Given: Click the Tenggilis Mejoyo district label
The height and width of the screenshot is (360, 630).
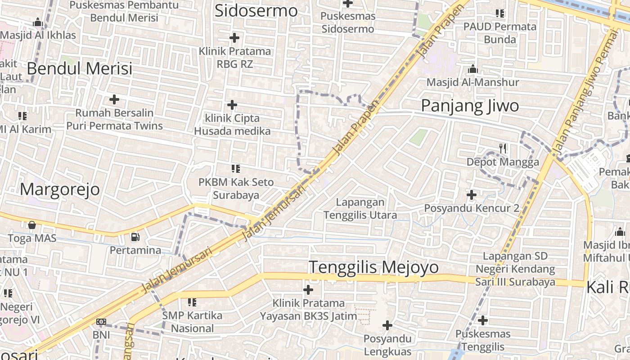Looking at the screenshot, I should (x=373, y=267).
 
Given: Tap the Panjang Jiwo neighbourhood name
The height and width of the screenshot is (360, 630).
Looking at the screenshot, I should (x=470, y=106).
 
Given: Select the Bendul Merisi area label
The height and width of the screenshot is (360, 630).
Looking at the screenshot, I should (x=80, y=68).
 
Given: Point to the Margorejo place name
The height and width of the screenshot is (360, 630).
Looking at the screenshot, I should (x=59, y=189).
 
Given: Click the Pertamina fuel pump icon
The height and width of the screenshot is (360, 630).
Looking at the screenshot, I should (x=135, y=237).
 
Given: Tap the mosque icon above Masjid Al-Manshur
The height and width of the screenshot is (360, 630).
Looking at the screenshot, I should (x=472, y=69).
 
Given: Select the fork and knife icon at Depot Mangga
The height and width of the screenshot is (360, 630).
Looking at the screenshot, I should (x=503, y=148).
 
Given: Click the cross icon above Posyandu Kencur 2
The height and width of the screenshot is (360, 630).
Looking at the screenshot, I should (x=471, y=195).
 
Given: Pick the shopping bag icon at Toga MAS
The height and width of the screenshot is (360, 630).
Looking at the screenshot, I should (x=31, y=225).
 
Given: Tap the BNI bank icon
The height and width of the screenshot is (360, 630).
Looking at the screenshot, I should (x=101, y=322).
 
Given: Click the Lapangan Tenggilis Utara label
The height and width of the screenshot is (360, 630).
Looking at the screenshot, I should (x=360, y=209).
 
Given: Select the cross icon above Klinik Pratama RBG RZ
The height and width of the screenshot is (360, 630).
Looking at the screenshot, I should (x=234, y=38).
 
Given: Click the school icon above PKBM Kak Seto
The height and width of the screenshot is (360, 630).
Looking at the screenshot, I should (x=235, y=169).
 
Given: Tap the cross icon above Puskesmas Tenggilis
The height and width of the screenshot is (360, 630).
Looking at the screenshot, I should (x=482, y=320).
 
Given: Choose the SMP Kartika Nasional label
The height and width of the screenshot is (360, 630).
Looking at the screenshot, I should (x=192, y=322).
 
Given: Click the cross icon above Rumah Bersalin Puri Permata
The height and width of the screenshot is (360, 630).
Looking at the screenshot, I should (x=114, y=99).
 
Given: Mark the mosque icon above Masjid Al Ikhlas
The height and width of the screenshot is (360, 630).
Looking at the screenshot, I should (x=38, y=22).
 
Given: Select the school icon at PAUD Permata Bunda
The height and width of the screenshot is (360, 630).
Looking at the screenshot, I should (x=499, y=13).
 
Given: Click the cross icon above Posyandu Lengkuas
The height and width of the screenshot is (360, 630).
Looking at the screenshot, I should (x=387, y=325).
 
